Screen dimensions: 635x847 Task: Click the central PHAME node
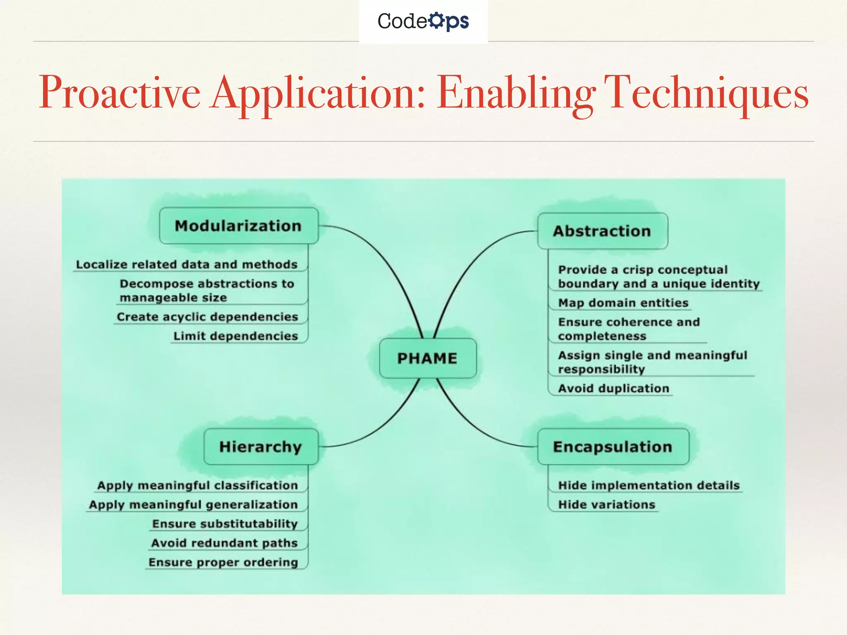[x=428, y=358]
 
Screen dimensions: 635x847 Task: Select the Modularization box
[x=239, y=226]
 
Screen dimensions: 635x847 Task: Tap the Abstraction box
[x=602, y=231]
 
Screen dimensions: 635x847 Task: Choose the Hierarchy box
[x=261, y=446]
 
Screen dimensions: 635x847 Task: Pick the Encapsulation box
[x=613, y=446]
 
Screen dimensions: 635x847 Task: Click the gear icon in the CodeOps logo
[x=436, y=20]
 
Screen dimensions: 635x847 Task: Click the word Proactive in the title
[x=120, y=93]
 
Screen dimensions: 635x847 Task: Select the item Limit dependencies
[x=236, y=336]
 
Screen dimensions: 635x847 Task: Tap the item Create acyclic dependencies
[x=208, y=317]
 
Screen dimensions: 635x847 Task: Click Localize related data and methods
[x=187, y=265]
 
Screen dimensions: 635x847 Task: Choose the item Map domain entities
[x=623, y=303]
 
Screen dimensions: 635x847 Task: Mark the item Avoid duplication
[x=613, y=389]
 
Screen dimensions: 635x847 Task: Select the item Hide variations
[x=607, y=505]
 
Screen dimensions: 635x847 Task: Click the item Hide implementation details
[x=648, y=485]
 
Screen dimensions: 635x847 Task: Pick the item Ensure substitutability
[x=225, y=524]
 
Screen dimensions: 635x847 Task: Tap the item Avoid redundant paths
[x=225, y=543]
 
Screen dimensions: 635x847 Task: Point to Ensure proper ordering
[x=223, y=562]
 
